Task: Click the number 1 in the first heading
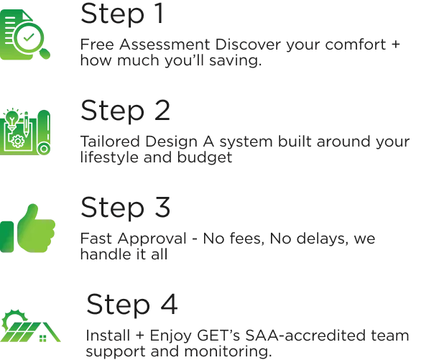click(159, 11)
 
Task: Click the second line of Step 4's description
click(180, 352)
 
